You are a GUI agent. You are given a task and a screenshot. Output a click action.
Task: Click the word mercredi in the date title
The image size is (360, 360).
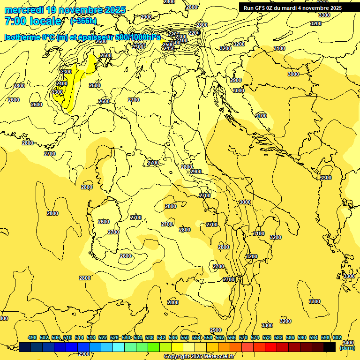click(24, 10)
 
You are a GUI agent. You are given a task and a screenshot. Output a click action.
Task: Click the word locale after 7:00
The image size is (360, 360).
click(45, 21)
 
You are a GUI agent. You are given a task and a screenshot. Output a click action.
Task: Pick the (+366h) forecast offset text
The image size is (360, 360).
click(83, 21)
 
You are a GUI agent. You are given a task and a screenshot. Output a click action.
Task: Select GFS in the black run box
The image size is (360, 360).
click(261, 8)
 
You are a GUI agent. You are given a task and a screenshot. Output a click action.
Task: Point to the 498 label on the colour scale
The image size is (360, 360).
click(32, 338)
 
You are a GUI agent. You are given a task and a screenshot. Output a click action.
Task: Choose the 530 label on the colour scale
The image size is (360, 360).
click(126, 338)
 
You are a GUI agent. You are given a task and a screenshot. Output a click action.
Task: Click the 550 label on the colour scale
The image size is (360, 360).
click(185, 338)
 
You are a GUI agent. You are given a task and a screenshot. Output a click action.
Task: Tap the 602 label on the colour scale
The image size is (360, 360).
click(337, 338)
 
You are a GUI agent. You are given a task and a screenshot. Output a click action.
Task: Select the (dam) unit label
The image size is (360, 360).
click(347, 348)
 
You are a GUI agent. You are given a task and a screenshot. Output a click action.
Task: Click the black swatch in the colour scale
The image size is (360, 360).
click(330, 347)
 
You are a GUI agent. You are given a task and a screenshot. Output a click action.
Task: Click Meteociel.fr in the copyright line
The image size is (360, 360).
click(220, 357)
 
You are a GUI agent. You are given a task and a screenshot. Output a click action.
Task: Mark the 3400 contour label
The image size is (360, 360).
click(348, 343)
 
